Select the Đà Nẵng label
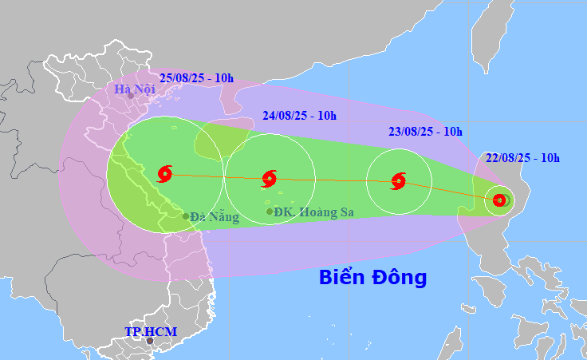tap(215, 216)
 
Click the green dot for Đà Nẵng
tap(186, 216)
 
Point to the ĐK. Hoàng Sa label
tap(313, 212)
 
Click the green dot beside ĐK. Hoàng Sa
tap(270, 212)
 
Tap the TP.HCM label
tap(151, 331)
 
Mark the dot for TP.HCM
tap(149, 341)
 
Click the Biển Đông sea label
tap(372, 278)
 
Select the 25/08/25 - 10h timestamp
tap(196, 77)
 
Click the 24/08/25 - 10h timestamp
tap(299, 116)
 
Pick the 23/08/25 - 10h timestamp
tap(425, 131)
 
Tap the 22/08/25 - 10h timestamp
tap(522, 158)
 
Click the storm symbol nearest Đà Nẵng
tap(165, 173)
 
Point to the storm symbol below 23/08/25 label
tap(399, 181)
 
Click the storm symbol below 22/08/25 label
tap(499, 200)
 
